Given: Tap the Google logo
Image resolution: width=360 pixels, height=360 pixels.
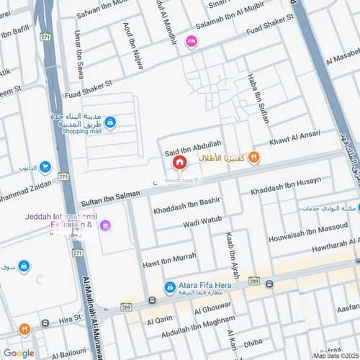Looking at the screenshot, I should pyautogui.click(x=19, y=353).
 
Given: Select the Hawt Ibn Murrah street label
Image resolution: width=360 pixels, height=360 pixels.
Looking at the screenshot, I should pyautogui.click(x=170, y=256).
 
